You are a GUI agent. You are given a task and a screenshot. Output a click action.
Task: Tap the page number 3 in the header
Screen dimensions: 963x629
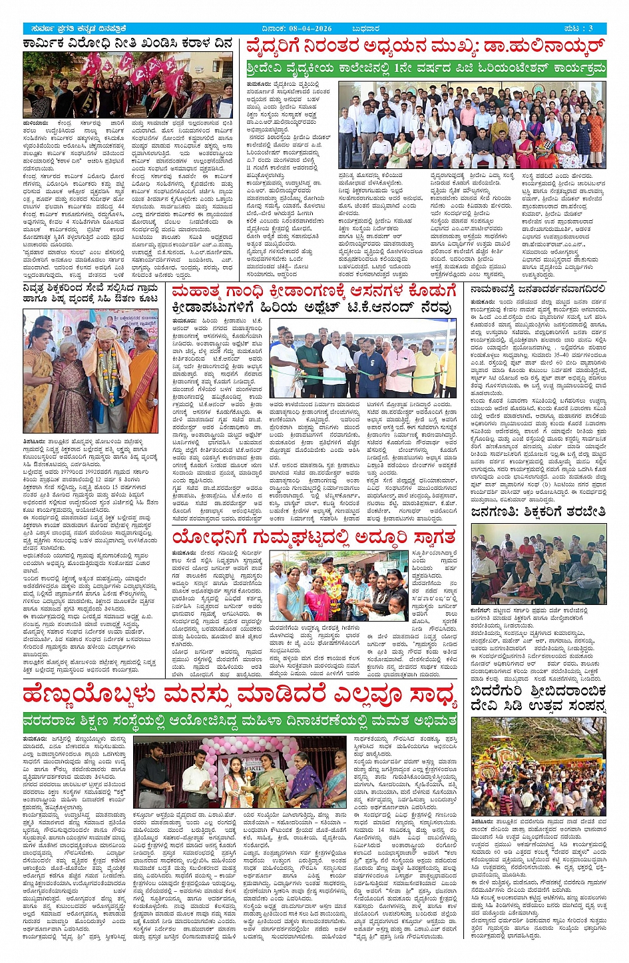click(590, 29)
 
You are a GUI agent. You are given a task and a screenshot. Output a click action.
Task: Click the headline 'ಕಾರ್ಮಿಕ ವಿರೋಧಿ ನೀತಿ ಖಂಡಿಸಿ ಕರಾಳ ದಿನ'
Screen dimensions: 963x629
click(127, 44)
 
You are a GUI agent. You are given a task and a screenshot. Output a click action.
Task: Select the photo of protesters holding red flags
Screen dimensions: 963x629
click(127, 85)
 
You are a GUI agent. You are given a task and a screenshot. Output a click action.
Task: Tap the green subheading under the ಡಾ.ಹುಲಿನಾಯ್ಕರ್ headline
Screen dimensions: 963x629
click(426, 69)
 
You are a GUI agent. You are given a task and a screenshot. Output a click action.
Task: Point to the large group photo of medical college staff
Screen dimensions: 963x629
click(472, 125)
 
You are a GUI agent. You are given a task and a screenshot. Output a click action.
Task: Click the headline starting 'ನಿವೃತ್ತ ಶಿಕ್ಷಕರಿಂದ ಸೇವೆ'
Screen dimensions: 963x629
click(91, 295)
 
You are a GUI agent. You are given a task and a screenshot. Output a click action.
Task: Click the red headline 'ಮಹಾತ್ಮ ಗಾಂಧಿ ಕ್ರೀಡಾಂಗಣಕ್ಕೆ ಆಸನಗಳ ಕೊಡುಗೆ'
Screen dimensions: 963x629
click(315, 291)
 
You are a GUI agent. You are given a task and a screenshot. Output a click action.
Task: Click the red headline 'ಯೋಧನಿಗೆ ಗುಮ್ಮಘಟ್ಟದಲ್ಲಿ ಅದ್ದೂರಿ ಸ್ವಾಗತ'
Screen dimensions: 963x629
click(314, 536)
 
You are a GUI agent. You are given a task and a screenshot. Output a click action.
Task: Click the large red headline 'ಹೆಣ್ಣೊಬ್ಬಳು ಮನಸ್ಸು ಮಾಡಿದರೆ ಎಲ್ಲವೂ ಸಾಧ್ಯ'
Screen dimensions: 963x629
click(240, 695)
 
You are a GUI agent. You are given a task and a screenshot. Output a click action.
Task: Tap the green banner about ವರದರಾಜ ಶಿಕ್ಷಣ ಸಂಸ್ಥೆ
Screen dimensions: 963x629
click(240, 721)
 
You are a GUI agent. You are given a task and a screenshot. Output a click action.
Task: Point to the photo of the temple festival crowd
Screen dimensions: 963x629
click(538, 766)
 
